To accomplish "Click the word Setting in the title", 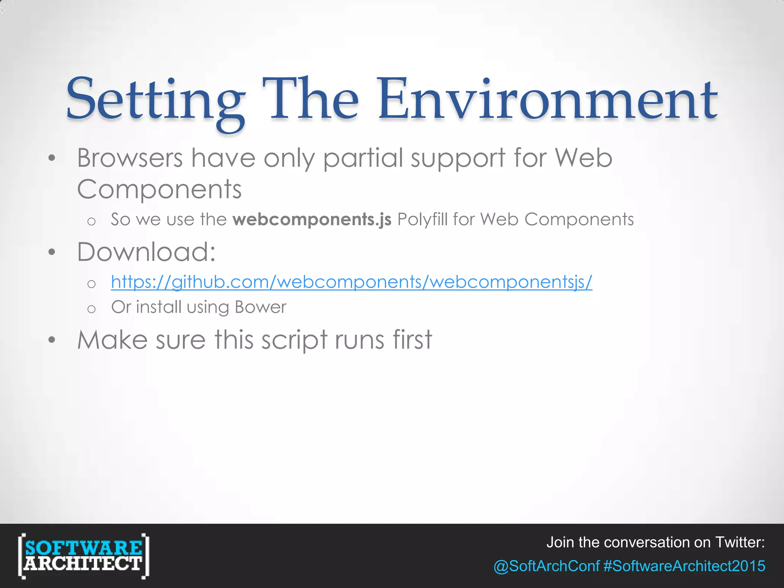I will pos(155,100).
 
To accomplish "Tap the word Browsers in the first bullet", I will pos(130,158).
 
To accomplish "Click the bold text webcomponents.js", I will pos(312,220).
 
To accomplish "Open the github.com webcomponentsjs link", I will pos(351,282).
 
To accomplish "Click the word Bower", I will pos(260,307).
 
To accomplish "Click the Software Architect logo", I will pos(83,555).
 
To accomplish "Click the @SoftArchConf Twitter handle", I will pos(546,566).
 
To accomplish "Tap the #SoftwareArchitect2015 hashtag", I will pos(684,566).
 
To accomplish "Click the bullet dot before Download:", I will pos(52,252).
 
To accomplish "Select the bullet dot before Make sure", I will pos(52,340).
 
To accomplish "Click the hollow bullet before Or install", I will pos(91,309).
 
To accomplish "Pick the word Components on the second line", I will pos(159,189).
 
